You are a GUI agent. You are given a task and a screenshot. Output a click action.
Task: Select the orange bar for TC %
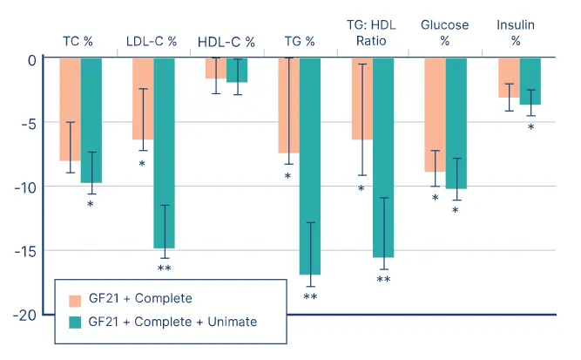click(x=70, y=109)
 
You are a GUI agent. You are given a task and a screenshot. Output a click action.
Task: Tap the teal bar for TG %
click(x=310, y=166)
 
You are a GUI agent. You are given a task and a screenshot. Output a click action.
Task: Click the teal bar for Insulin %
click(x=530, y=81)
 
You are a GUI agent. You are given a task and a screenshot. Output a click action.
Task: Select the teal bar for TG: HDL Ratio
click(x=383, y=157)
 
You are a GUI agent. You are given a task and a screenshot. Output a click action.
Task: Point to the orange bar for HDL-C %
click(x=216, y=68)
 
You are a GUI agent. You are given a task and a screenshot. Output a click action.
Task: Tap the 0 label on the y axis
click(x=32, y=59)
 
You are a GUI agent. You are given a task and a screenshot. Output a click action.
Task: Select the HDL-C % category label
click(x=226, y=41)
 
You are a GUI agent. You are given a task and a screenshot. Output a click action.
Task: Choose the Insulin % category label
click(x=516, y=33)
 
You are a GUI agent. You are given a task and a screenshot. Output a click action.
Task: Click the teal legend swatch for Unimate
click(x=75, y=323)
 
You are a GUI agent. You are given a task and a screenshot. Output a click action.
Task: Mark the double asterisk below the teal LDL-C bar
click(x=164, y=268)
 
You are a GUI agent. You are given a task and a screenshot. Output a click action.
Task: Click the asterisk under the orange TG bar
click(x=287, y=177)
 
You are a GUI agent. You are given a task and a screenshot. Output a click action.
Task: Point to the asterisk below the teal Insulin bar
click(x=530, y=128)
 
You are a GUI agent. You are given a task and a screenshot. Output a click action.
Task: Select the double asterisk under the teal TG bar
click(x=310, y=297)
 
